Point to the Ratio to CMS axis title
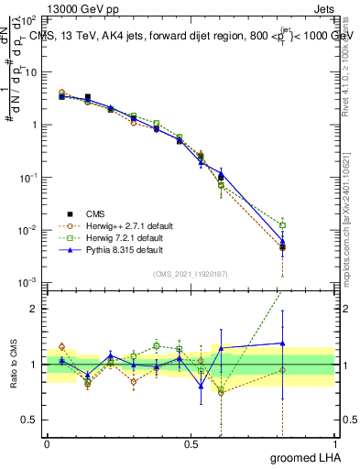pyautogui.click(x=12, y=365)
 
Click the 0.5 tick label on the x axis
pyautogui.click(x=191, y=442)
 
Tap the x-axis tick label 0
pyautogui.click(x=47, y=442)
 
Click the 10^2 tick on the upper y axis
pyautogui.click(x=31, y=19)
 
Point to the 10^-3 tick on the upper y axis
pyautogui.click(x=31, y=282)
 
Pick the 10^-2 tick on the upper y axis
pyautogui.click(x=31, y=230)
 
